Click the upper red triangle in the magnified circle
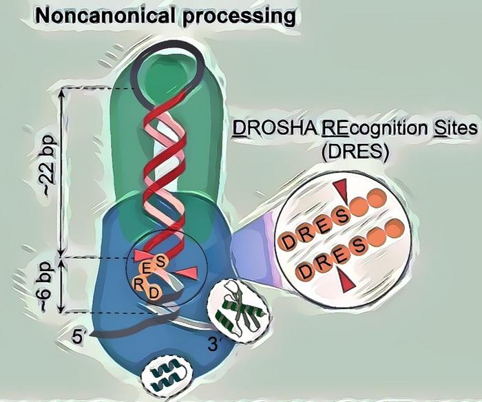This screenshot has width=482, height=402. pos(342,187)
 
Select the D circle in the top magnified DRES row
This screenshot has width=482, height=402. pos(291,241)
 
